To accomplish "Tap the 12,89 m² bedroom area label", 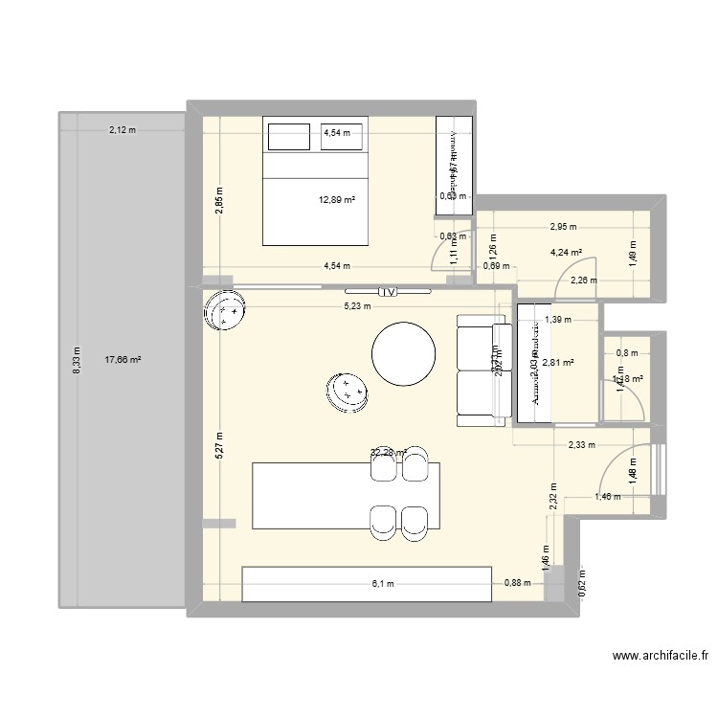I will (x=337, y=200).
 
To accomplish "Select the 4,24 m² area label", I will (x=565, y=254).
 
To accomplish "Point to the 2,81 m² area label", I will (x=556, y=362).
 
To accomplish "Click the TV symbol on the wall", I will (x=388, y=291).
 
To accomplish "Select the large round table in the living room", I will (x=408, y=352).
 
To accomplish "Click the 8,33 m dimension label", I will (x=79, y=361).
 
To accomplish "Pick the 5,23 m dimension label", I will (x=360, y=307).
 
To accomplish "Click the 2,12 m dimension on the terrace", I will (x=122, y=129).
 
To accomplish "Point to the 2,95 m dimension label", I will (x=564, y=228).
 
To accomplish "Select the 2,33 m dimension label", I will (x=581, y=444).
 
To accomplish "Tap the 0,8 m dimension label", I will (x=627, y=353).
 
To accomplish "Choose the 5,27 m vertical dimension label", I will (x=219, y=446).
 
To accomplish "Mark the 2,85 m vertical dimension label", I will (x=219, y=204).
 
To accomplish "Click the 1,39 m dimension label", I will (x=557, y=321).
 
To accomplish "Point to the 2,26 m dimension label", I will (x=584, y=280).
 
